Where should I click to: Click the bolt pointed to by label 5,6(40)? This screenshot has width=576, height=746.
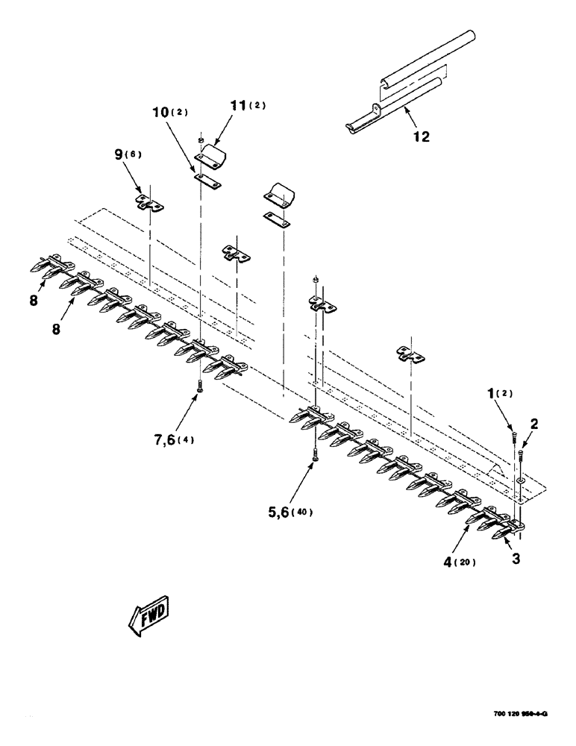pyautogui.click(x=316, y=456)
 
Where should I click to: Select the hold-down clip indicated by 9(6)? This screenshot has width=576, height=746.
pyautogui.click(x=151, y=203)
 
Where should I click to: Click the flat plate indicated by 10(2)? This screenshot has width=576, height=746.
pyautogui.click(x=208, y=182)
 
